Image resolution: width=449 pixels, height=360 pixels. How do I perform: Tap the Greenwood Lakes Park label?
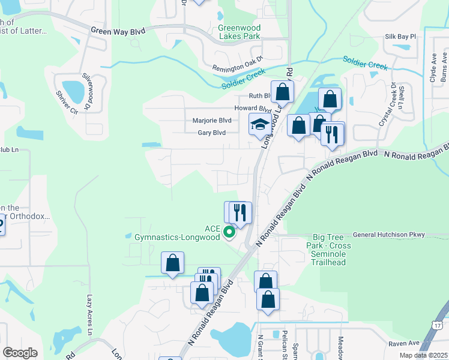tap(239, 32)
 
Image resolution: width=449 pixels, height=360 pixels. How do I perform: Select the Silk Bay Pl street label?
tap(400, 37)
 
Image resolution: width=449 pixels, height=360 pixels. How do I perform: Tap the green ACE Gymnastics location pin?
tap(229, 232)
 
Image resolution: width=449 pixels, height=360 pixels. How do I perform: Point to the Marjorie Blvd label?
tap(211, 120)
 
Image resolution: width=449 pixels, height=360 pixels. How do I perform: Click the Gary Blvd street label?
tap(211, 133)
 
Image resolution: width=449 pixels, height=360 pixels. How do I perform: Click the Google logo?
tap(19, 353)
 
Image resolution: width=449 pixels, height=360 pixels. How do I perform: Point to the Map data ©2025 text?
tap(423, 355)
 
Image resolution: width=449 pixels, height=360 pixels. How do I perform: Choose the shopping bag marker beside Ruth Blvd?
tap(282, 92)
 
